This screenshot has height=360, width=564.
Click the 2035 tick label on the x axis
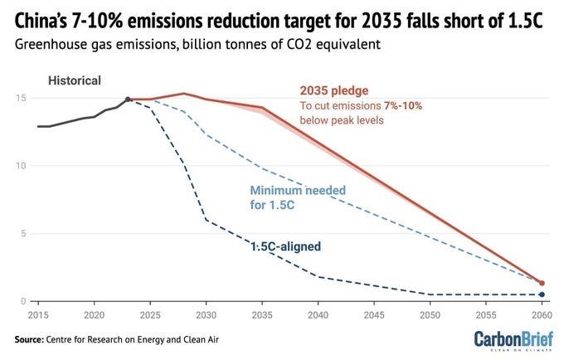coord(262,315)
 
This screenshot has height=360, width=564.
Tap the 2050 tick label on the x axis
coord(430,315)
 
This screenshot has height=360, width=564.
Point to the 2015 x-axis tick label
coord(38,315)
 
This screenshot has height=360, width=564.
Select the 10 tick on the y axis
coord(21,166)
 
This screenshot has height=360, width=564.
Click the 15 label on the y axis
coord(21,98)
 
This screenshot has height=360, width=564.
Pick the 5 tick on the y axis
coord(23,233)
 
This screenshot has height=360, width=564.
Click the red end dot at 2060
coord(542,283)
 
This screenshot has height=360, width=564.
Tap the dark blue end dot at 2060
coord(542,294)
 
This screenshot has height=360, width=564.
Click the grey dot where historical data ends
coord(128,100)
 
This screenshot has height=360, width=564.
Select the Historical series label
coord(75,80)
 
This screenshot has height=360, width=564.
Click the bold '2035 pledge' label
coord(334,90)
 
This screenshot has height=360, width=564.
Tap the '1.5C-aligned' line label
coord(285,246)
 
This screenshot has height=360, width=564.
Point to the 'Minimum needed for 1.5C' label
coord(298,197)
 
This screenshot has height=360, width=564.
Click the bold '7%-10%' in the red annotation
coord(403,105)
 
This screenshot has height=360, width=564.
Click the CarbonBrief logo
coord(513,340)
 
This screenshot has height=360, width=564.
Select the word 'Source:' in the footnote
coord(29,339)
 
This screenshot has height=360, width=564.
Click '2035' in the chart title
coord(381,22)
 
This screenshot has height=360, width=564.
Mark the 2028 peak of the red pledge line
coord(183,94)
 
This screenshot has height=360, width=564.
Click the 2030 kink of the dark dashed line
coord(206,220)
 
